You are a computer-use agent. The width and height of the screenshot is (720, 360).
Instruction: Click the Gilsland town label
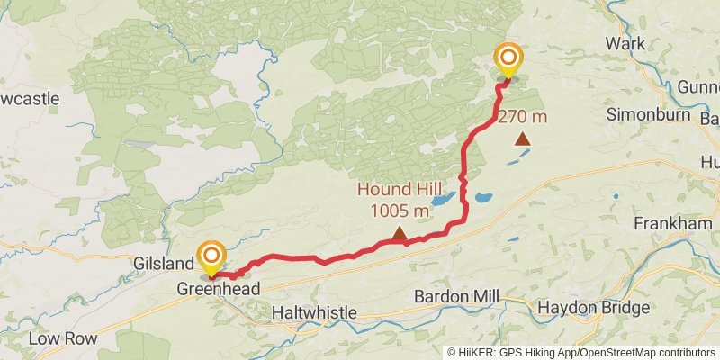pyautogui.click(x=163, y=264)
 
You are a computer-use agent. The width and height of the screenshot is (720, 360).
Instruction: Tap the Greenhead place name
pyautogui.click(x=218, y=289)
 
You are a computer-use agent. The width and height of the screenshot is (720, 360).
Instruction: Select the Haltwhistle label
pyautogui.click(x=314, y=312)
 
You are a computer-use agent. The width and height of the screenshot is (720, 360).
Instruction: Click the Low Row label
pyautogui.click(x=58, y=338)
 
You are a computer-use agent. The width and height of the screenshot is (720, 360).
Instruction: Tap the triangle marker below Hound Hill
pyautogui.click(x=399, y=235)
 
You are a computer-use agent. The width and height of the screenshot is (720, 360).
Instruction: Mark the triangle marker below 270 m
pyautogui.click(x=523, y=139)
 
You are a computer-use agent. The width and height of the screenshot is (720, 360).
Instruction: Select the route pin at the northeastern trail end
pyautogui.click(x=508, y=60)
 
